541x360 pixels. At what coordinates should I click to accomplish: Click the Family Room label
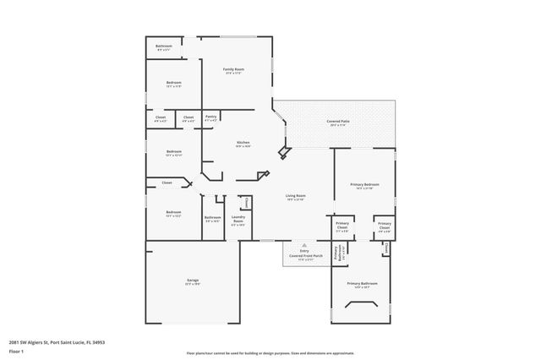(233, 69)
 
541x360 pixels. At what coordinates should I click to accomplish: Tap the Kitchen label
(243, 143)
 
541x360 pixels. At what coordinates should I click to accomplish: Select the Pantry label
(210, 117)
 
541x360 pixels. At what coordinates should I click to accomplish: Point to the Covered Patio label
(338, 122)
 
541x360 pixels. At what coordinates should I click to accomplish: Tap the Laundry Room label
(238, 221)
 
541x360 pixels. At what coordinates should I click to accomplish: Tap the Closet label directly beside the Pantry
(189, 117)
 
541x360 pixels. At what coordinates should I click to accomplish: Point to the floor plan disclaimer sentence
(271, 352)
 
